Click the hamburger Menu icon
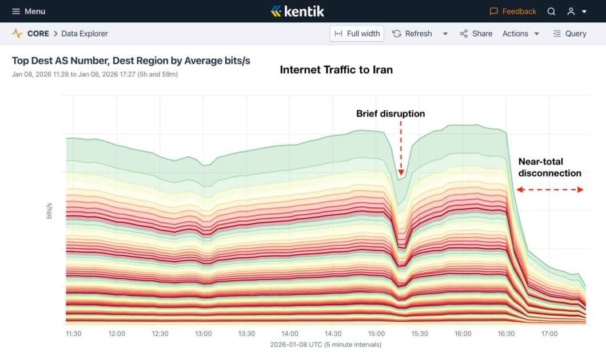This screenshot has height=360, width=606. tap(16, 11)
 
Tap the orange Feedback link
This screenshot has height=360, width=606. tap(513, 11)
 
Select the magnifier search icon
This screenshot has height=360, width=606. tap(552, 11)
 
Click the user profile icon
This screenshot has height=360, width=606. tap(571, 11)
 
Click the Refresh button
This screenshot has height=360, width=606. tap(412, 34)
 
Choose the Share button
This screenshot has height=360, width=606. tap(476, 34)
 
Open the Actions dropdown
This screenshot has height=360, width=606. tap(520, 34)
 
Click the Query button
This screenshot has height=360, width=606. tap(569, 34)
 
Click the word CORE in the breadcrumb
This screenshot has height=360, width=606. tap(38, 34)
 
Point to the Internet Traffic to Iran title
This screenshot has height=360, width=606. tap(336, 70)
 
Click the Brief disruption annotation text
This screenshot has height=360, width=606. tap(390, 114)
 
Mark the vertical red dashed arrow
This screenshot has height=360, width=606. tap(401, 149)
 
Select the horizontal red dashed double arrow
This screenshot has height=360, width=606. tap(550, 190)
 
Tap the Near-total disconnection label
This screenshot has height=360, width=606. tap(549, 167)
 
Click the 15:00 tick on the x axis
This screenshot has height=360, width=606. tap(376, 334)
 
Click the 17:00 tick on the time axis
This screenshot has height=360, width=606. tap(549, 334)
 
